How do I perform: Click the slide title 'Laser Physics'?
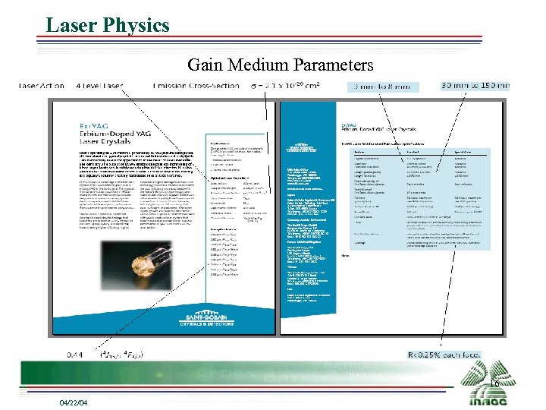107,25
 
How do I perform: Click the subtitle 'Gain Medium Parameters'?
281,65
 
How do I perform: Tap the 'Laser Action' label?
41,86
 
